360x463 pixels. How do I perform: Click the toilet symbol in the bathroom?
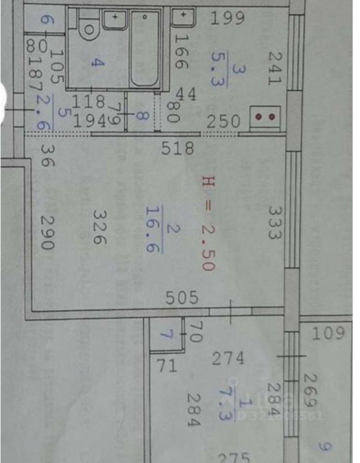click(89, 29)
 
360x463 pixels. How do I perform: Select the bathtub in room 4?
click(145, 48)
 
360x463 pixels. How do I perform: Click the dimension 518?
click(178, 148)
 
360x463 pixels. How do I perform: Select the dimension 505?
click(182, 298)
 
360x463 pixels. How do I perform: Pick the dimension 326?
click(99, 226)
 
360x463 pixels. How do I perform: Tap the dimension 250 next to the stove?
click(223, 122)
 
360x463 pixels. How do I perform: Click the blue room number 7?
click(166, 334)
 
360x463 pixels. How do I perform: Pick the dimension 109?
click(328, 333)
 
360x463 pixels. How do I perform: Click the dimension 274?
click(228, 358)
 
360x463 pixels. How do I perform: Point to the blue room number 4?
click(98, 63)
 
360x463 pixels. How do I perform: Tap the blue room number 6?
click(45, 20)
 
